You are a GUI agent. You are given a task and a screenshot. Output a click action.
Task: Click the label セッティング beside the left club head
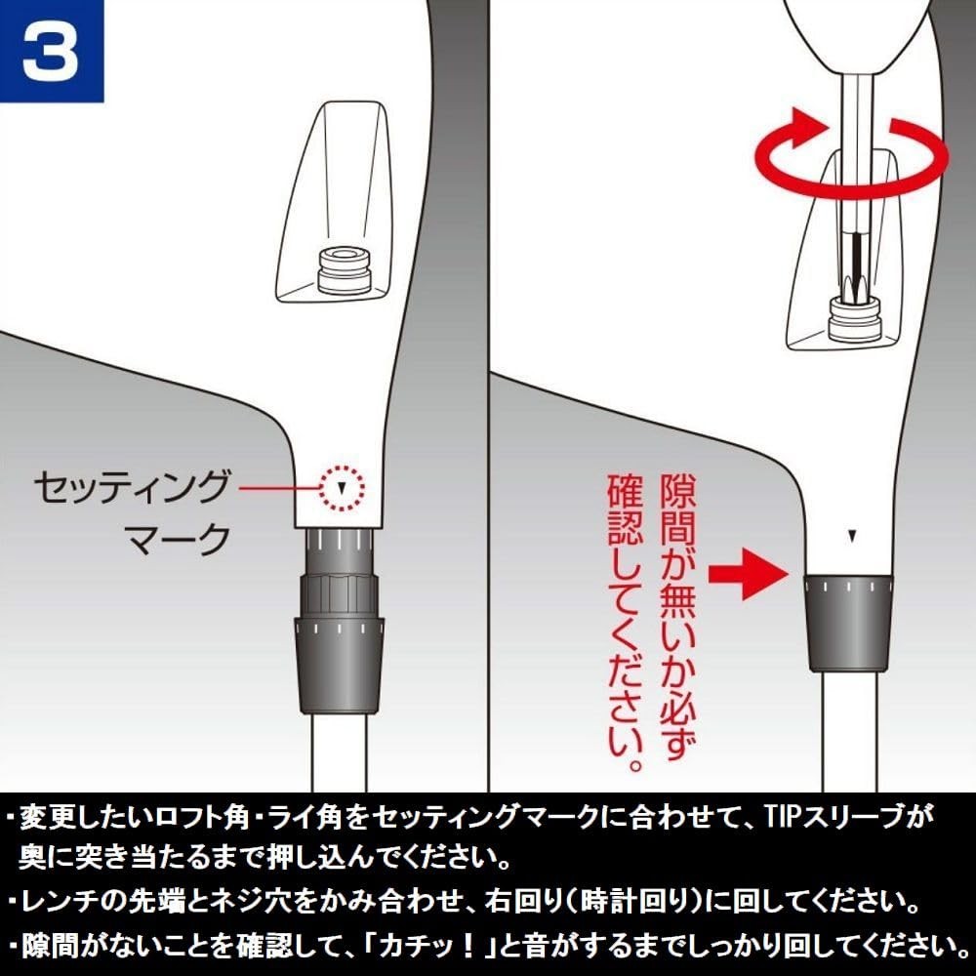pos(132,487)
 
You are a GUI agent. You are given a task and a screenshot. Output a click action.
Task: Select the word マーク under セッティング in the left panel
pos(178,539)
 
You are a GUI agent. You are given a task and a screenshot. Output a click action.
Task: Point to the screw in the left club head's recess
pos(344,269)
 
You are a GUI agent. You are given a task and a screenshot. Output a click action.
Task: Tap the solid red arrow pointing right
pos(749,572)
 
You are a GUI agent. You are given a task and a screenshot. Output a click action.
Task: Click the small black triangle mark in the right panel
pos(852,535)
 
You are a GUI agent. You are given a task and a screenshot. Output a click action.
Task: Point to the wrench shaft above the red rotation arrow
pos(858,94)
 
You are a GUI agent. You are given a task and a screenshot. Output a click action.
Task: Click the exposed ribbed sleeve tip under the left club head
pos(340,550)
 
